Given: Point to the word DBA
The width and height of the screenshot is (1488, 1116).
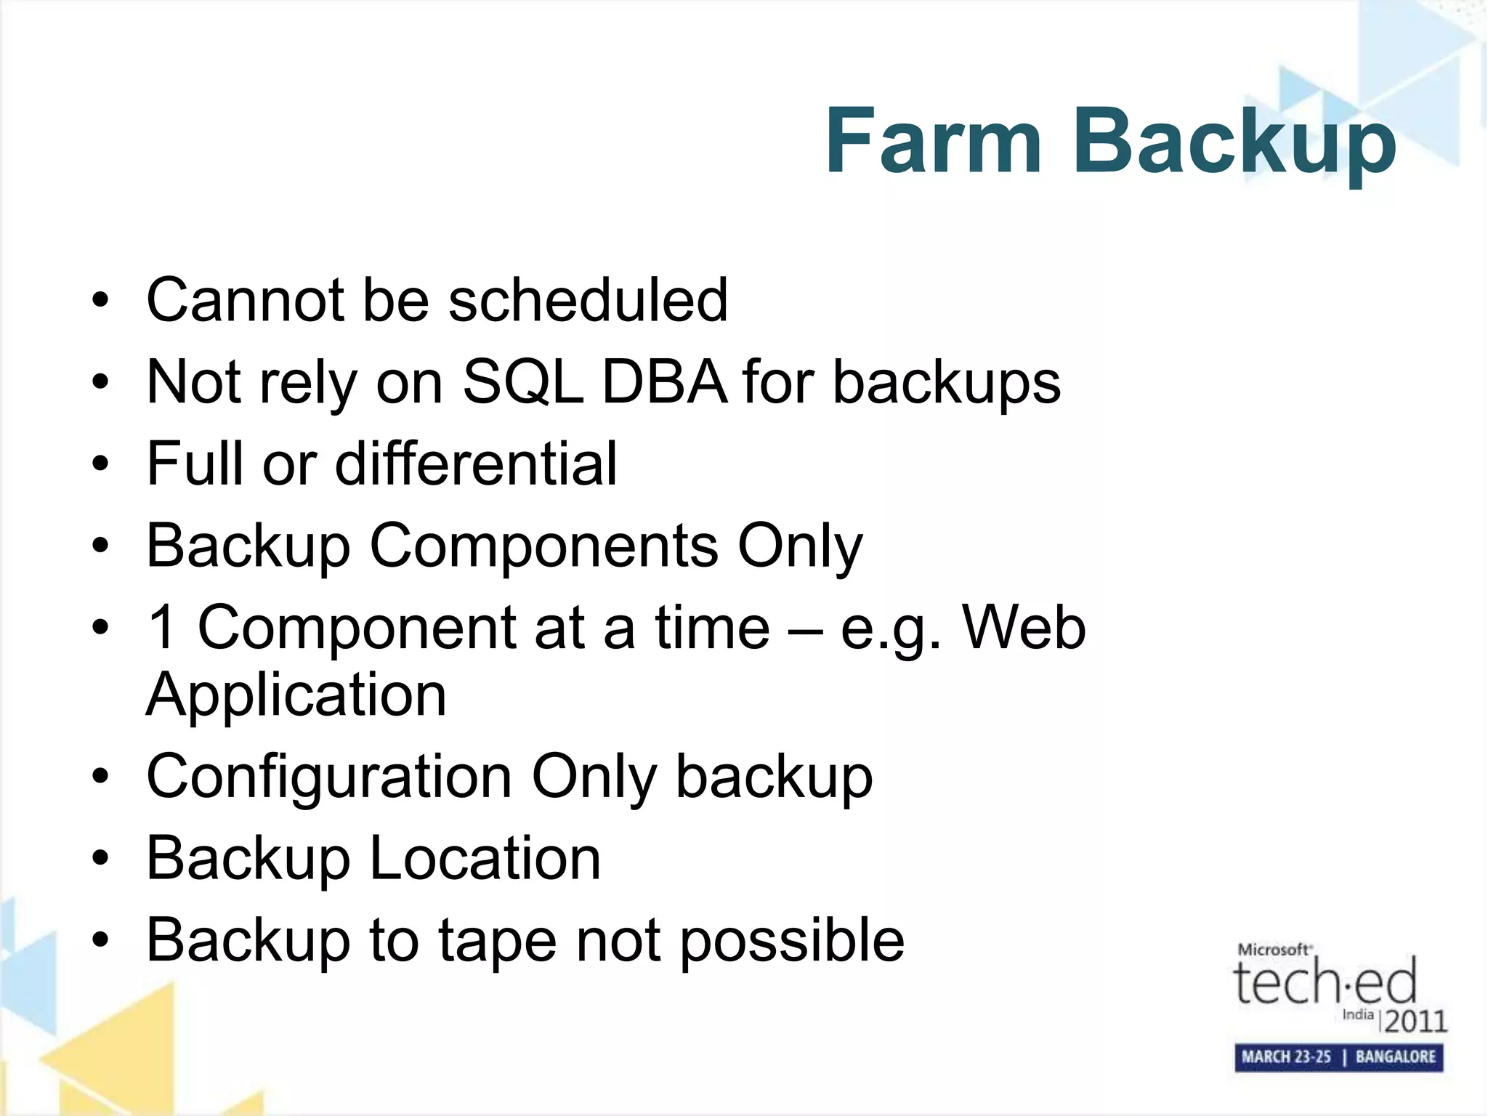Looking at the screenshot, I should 664,382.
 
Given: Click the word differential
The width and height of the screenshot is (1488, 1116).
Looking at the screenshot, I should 476,464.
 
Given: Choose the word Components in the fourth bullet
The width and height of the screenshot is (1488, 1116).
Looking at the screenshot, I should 544,546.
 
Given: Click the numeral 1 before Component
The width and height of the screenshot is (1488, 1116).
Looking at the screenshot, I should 161,627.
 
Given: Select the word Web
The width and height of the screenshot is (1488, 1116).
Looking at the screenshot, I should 1024,627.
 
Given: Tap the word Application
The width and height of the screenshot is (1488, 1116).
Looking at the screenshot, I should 296,696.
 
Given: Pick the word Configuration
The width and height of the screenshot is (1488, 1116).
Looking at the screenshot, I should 329,777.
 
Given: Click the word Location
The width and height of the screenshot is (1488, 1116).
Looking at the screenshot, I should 485,858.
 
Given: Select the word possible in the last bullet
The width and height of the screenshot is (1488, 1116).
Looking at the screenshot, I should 792,940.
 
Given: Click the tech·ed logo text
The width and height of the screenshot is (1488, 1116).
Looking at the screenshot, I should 1325,982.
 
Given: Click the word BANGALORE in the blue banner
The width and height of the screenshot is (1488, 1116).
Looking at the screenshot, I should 1395,1057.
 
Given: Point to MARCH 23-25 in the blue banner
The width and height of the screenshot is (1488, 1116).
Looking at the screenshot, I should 1286,1057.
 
